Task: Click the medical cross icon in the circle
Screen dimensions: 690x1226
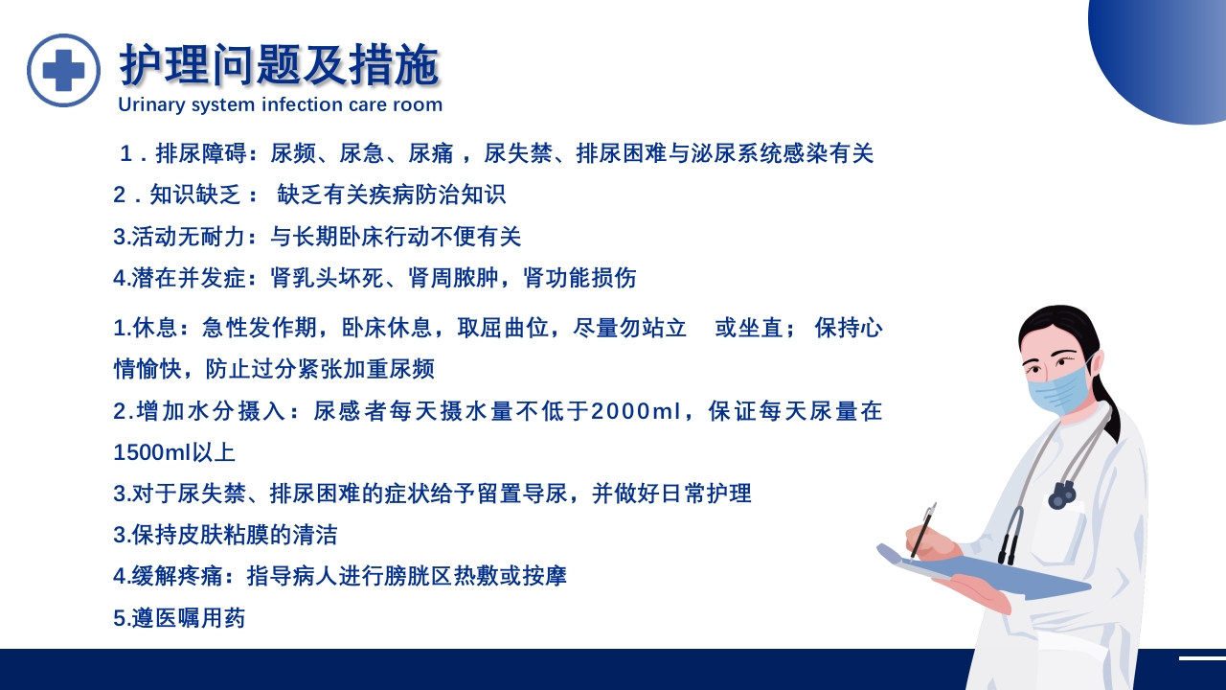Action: coord(63,70)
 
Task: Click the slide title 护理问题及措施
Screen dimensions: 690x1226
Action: coord(279,65)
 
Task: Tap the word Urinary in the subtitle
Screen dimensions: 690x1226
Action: coord(151,104)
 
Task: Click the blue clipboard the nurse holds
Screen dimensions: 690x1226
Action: coord(996,574)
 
